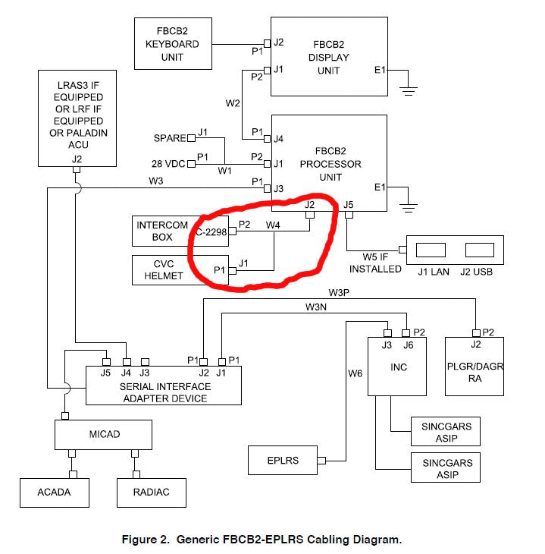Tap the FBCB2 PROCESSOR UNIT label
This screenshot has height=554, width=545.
point(330,163)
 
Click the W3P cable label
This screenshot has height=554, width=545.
point(340,292)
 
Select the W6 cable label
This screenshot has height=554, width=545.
point(356,373)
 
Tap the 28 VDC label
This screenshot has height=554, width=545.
point(168,163)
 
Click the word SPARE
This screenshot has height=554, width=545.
point(169,138)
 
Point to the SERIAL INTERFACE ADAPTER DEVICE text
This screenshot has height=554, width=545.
point(164,392)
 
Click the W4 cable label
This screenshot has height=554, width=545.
point(274,225)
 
